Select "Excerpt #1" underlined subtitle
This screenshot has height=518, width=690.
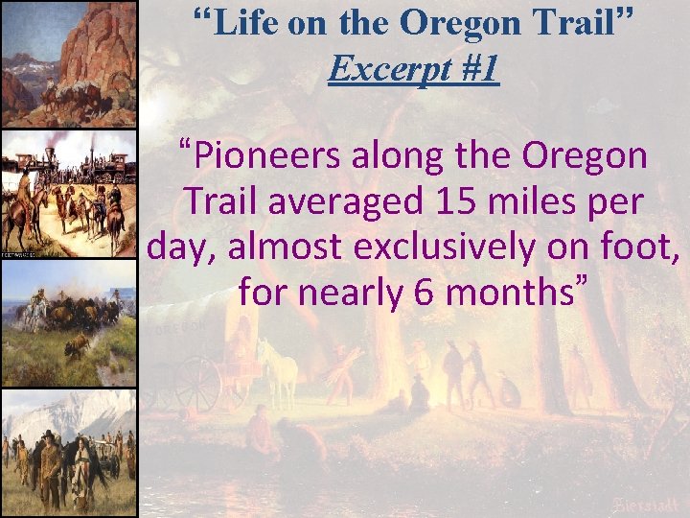coord(413,68)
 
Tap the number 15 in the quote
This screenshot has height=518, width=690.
coord(450,201)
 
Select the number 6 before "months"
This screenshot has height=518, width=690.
coord(425,292)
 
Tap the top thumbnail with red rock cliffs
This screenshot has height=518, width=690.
coord(69,63)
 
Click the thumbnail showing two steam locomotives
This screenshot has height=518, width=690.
coord(69,193)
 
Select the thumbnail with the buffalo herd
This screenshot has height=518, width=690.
coord(69,323)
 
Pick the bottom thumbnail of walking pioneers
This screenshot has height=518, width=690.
coord(69,453)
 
